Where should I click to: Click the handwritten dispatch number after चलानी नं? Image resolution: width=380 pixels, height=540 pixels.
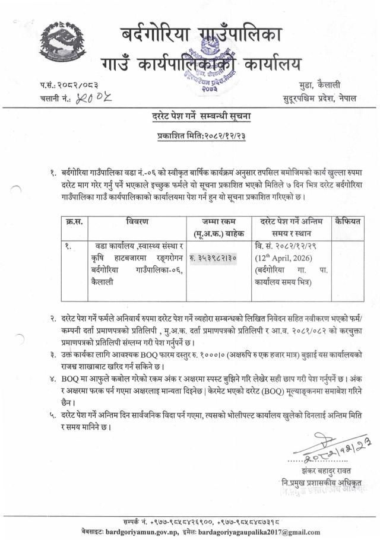tap(91, 98)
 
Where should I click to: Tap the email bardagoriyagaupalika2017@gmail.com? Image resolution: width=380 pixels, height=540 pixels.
tap(256, 532)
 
